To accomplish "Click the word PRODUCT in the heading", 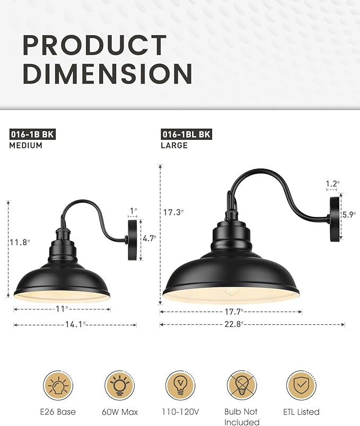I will tap(94, 47).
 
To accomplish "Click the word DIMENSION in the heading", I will tap(107, 73).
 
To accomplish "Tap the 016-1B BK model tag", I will tap(32, 134).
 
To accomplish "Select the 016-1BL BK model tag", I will tap(186, 134).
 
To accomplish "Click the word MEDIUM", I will tap(26, 145).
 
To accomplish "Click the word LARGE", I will tap(174, 145).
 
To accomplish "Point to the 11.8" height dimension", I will tap(20, 243).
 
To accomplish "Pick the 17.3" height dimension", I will tap(173, 212).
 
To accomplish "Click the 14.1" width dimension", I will tap(75, 325).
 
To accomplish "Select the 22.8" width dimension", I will tap(252, 325).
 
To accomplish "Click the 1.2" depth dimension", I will tap(332, 184).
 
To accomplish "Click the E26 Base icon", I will tap(59, 385).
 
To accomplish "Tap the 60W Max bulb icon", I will tap(120, 385).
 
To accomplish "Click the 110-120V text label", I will tap(181, 412).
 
